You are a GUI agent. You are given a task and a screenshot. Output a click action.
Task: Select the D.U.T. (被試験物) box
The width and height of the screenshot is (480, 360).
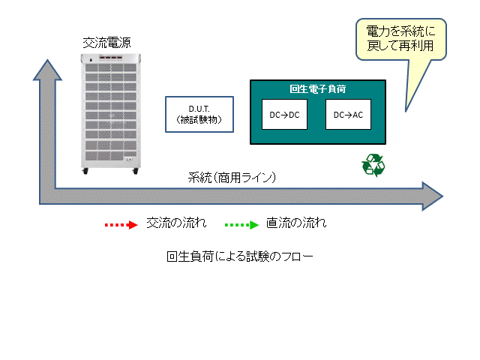(196, 115)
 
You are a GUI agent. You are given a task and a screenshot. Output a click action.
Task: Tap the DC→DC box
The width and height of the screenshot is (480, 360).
(284, 114)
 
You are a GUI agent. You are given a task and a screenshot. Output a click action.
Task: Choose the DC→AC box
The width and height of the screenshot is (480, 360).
(348, 114)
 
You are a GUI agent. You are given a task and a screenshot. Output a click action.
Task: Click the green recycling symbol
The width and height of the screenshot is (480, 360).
(373, 166)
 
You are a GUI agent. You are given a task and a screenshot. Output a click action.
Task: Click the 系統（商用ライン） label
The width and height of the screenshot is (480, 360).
(232, 178)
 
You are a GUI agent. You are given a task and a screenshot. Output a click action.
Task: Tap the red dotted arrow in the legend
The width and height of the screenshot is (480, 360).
(121, 223)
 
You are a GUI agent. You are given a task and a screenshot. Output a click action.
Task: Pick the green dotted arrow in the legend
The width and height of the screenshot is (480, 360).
(241, 223)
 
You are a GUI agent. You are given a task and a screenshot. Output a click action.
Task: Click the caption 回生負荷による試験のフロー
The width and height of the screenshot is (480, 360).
(239, 256)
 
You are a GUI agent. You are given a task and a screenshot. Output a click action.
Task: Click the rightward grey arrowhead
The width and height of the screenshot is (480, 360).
(432, 195)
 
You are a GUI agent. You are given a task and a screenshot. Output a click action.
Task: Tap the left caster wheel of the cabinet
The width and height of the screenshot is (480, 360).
(85, 173)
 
